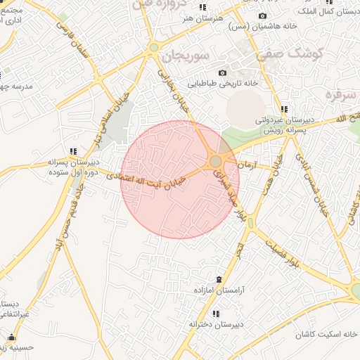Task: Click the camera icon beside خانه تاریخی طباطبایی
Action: pos(222,73)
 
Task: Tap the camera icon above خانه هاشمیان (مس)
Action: pos(262,15)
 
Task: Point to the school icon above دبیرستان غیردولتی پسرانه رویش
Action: pos(284,109)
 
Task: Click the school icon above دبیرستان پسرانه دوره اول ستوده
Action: pos(73,151)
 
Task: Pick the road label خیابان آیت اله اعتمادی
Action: pos(146,181)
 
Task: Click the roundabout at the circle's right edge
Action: pos(216,162)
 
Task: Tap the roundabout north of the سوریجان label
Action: pos(154,48)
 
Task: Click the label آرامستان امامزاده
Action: pos(218,290)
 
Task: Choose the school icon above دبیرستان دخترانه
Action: pos(216,313)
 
